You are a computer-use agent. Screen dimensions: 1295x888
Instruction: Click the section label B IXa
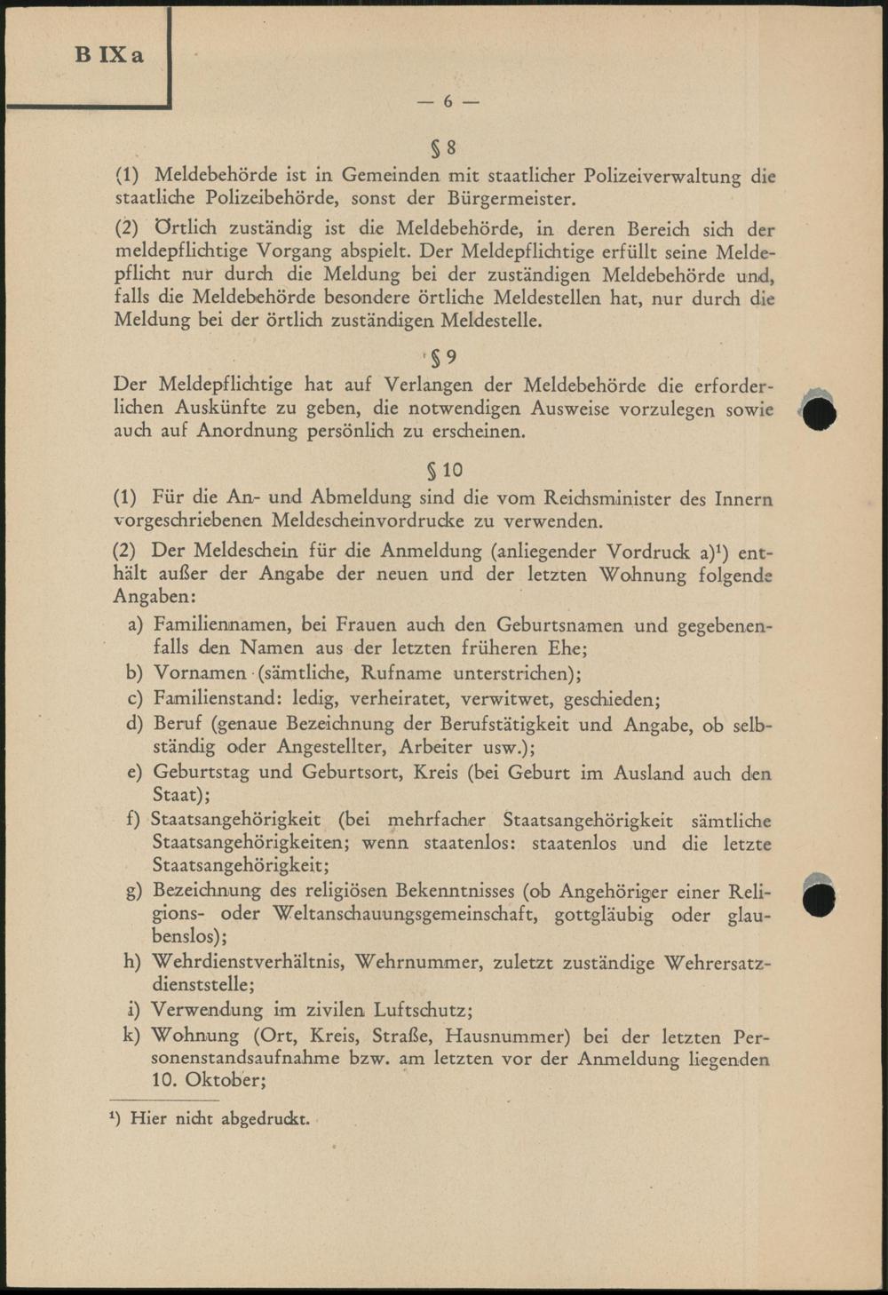click(x=109, y=55)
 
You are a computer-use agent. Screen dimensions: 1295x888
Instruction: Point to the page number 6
click(x=448, y=102)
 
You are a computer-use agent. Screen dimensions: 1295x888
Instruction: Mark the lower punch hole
click(x=819, y=897)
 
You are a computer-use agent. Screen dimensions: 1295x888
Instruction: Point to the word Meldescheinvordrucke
click(x=367, y=520)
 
